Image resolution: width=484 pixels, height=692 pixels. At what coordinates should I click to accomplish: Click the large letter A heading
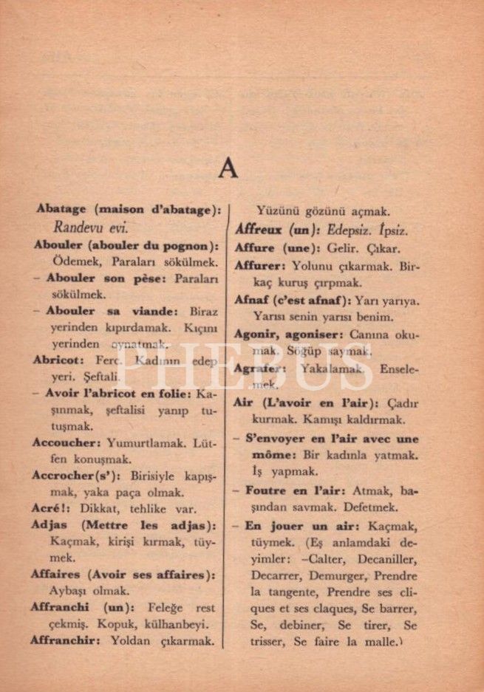click(x=228, y=169)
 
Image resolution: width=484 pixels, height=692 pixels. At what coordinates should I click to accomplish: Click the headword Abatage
click(x=61, y=209)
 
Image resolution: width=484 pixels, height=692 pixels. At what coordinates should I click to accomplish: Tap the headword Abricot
click(x=56, y=360)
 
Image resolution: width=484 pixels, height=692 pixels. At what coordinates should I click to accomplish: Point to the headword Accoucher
click(x=66, y=443)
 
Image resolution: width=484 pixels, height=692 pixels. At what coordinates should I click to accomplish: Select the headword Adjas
click(x=50, y=525)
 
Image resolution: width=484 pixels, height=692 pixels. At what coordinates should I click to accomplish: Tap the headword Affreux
click(x=259, y=230)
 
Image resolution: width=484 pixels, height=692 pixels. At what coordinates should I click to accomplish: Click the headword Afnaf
click(x=252, y=301)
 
